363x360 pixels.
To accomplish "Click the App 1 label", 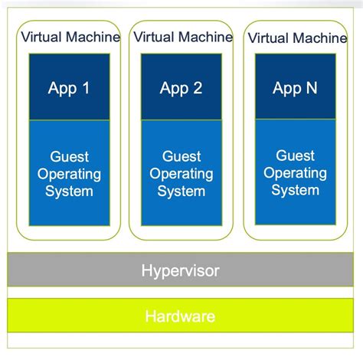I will tap(69, 88).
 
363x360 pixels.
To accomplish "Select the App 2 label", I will tap(181, 88).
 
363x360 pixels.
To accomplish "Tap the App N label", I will tap(295, 88).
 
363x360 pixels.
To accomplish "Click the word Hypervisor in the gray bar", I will tap(180, 270).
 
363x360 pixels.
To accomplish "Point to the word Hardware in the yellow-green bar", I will tap(181, 316).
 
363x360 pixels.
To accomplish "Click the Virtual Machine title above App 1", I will tap(70, 37).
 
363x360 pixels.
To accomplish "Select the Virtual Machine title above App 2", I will tap(182, 37).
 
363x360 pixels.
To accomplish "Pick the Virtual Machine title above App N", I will tap(297, 37).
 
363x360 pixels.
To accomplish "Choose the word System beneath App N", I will tap(295, 190).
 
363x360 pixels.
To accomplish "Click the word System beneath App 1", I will tap(69, 191).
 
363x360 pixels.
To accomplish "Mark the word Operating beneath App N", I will tap(295, 173).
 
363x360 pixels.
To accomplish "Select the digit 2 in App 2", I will tap(198, 88).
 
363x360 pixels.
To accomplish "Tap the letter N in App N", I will tap(311, 88).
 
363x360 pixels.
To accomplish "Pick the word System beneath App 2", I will tap(181, 191).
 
